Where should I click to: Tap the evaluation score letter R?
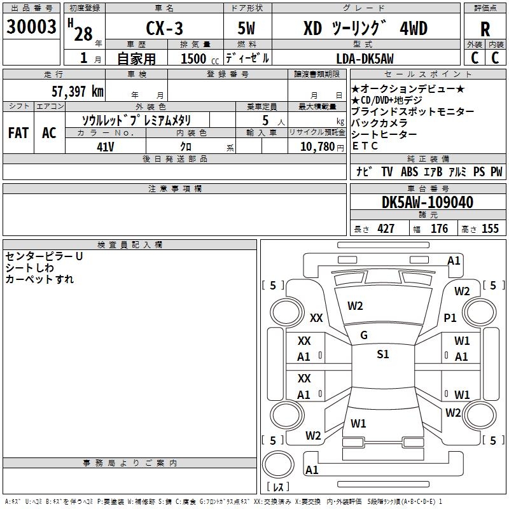point(485,29)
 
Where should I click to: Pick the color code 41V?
point(106,146)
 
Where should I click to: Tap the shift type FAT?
point(18,132)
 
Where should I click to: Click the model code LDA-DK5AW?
point(365,59)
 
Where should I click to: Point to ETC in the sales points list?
point(365,146)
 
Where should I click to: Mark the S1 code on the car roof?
point(382,354)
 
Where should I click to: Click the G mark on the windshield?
point(364,335)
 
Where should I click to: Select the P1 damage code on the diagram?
point(450,317)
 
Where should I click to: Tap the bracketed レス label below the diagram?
point(277,487)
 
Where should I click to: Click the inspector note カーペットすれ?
point(39,279)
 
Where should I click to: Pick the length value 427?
point(386,229)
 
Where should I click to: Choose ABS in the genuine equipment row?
point(409,172)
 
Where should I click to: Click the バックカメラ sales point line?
point(382,123)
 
